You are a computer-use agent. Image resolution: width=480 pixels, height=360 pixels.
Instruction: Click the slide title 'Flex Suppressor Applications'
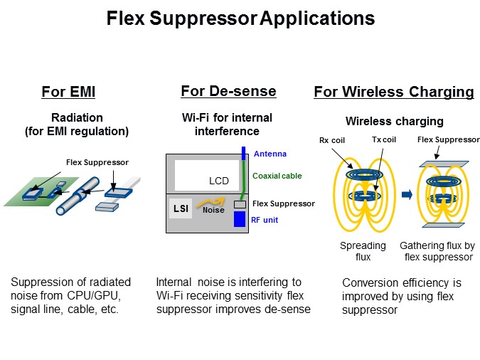point(240,18)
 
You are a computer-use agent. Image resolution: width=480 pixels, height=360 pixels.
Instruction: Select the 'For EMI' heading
point(68,92)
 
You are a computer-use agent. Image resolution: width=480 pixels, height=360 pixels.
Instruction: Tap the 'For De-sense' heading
point(229,91)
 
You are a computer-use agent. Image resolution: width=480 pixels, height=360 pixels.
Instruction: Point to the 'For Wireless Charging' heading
point(394,92)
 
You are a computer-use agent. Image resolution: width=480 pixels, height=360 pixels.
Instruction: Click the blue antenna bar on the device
point(244,153)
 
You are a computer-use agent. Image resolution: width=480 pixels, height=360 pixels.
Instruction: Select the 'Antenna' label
point(270,154)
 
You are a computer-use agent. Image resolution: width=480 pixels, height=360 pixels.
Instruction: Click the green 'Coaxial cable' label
point(277,176)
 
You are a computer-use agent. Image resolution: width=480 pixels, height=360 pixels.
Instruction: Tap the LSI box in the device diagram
point(181,208)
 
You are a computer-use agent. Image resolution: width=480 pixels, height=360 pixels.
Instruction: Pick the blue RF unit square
point(240,219)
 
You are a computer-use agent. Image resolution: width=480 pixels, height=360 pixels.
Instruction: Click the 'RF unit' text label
point(265,220)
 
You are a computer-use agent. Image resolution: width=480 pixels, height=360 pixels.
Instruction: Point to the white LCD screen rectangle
point(207,176)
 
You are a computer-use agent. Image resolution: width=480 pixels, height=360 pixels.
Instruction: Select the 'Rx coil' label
point(332,140)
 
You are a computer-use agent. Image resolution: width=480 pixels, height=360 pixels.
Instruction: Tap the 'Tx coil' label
point(384,139)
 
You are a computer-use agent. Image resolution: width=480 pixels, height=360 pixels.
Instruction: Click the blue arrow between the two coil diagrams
point(407,194)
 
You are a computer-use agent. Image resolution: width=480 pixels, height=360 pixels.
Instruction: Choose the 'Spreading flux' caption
point(363,251)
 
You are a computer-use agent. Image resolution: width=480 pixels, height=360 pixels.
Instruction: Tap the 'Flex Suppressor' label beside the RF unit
point(284,203)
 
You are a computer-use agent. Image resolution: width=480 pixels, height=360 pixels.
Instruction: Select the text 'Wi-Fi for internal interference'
point(227,125)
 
